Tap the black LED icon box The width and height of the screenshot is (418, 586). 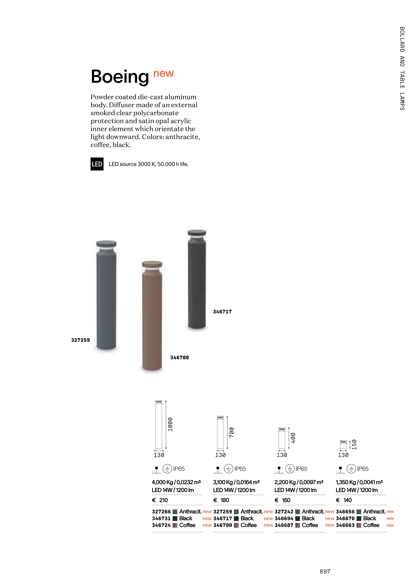pyautogui.click(x=97, y=164)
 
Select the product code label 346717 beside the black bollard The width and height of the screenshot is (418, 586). pyautogui.click(x=222, y=312)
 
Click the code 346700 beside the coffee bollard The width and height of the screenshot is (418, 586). pyautogui.click(x=179, y=357)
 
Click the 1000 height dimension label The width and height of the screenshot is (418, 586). pyautogui.click(x=170, y=424)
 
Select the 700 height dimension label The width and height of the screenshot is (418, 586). pyautogui.click(x=232, y=432)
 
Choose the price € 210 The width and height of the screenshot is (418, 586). pyautogui.click(x=160, y=500)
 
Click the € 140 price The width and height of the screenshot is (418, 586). pyautogui.click(x=344, y=500)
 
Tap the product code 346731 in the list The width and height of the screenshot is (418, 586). pyautogui.click(x=161, y=518)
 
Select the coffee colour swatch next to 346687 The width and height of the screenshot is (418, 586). pyautogui.click(x=297, y=525)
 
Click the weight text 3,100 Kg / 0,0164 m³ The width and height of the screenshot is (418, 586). pyautogui.click(x=236, y=482)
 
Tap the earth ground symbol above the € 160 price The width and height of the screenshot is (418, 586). pyautogui.click(x=290, y=469)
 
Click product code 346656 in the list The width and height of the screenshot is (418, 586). pyautogui.click(x=345, y=512)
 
